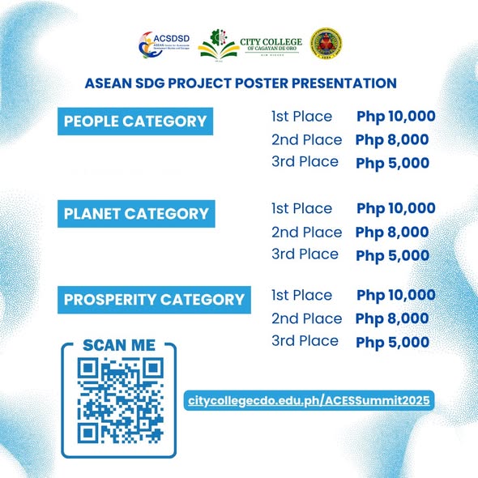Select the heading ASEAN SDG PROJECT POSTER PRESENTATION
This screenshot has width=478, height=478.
click(240, 83)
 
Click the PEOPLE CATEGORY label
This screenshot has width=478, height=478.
click(135, 122)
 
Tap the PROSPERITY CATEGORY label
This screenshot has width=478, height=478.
click(154, 300)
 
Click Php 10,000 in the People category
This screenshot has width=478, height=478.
click(396, 116)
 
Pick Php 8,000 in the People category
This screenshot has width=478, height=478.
click(392, 139)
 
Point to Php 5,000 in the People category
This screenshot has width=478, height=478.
click(392, 163)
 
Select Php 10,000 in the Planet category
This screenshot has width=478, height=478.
click(396, 208)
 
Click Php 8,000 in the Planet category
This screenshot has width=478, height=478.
click(392, 233)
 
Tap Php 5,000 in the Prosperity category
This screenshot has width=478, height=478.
click(392, 342)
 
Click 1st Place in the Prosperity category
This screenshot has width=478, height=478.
click(302, 295)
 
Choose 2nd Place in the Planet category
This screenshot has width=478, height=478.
click(306, 233)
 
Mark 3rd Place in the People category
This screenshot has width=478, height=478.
click(305, 162)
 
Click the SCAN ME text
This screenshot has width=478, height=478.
click(118, 345)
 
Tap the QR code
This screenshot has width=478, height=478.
click(118, 402)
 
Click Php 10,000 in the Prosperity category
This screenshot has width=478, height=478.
click(396, 295)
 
